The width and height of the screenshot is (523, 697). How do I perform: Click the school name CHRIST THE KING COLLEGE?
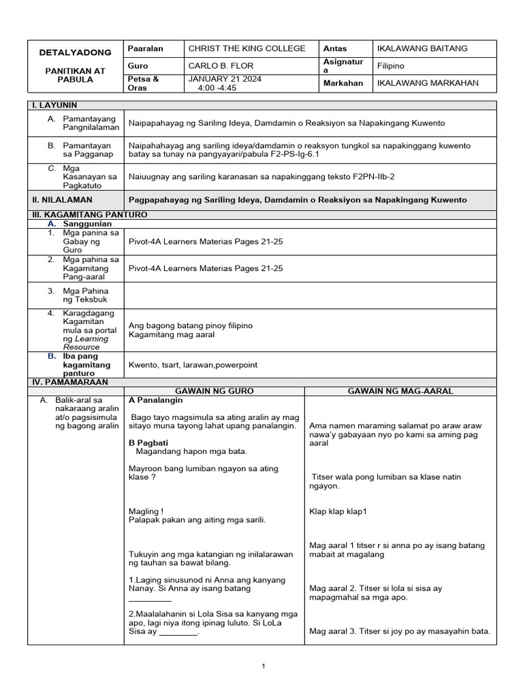click(x=247, y=48)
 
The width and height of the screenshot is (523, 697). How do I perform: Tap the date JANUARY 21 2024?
click(x=224, y=79)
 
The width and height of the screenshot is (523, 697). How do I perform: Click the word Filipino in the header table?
click(x=391, y=66)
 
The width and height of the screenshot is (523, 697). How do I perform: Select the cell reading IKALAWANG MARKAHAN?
click(x=428, y=83)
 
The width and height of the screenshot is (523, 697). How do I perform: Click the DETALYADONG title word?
click(x=65, y=52)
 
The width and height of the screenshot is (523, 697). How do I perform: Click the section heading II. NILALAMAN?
click(x=63, y=200)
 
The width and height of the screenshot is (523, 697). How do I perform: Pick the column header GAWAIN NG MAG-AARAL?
click(x=400, y=391)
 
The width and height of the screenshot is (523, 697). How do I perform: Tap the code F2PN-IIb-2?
click(x=371, y=176)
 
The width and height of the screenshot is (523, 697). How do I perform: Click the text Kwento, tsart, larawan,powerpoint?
click(x=193, y=365)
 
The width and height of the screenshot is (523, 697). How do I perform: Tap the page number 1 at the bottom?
click(x=262, y=667)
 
